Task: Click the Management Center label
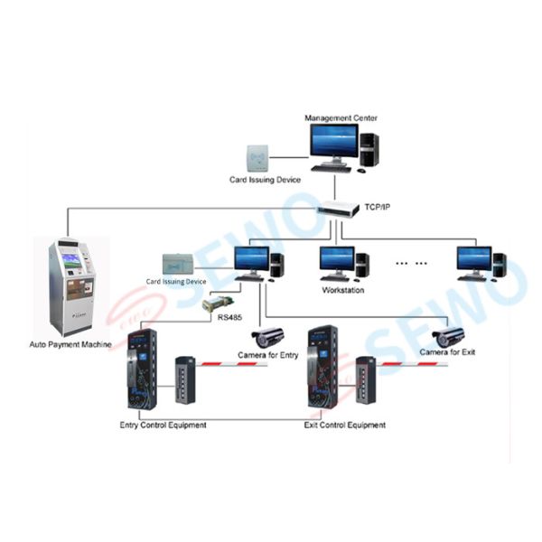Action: point(341,117)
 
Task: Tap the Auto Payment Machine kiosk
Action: point(71,285)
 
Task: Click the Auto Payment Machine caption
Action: point(70,344)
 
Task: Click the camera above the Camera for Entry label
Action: point(267,336)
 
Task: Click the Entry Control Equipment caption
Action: point(163,425)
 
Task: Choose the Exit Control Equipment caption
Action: point(347,425)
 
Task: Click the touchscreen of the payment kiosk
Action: point(70,260)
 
